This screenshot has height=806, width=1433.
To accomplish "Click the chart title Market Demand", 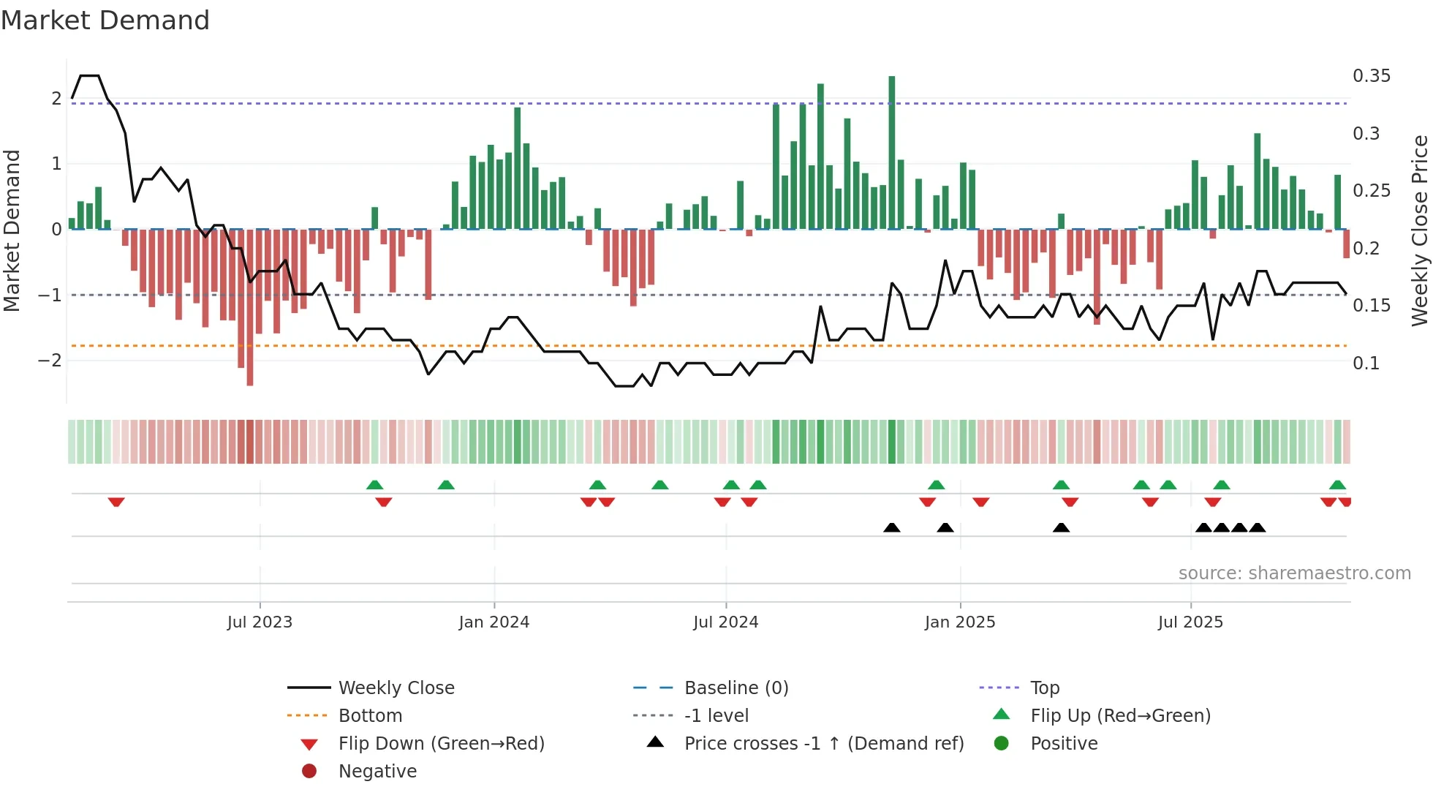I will point(105,20).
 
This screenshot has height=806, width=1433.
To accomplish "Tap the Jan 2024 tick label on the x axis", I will point(494,622).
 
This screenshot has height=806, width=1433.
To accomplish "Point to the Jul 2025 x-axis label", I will point(1190,622).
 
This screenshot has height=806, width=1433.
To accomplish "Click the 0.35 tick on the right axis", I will point(1371,76).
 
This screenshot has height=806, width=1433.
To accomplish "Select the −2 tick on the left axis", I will point(50,361).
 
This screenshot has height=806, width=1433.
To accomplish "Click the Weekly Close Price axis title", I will point(1419,230).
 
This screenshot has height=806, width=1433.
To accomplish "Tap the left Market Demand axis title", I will point(12,230).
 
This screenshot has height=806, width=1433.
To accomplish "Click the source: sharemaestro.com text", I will point(1294,573).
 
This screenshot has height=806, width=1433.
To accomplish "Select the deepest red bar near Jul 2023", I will point(250,307).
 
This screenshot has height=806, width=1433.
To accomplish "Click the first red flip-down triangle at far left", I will point(116,502).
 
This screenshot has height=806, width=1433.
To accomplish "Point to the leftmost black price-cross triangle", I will point(891,527).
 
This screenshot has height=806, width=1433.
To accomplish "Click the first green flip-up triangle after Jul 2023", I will point(374,485).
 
